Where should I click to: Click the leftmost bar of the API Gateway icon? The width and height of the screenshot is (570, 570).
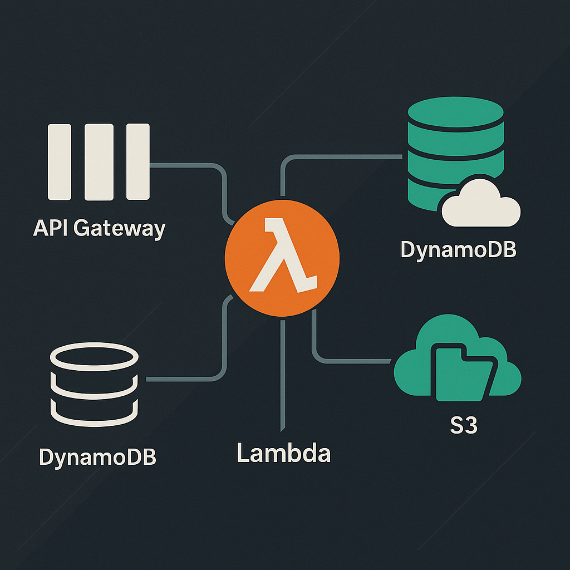tap(60, 161)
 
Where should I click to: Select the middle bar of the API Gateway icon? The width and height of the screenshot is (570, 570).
tap(99, 161)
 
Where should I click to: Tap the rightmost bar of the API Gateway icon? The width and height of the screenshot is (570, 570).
tap(138, 161)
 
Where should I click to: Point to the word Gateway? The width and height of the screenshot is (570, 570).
tap(119, 229)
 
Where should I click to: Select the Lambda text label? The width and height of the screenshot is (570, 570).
tap(284, 453)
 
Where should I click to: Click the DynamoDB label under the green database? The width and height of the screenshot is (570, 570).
tap(458, 250)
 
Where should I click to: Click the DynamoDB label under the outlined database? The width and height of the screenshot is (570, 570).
tap(98, 456)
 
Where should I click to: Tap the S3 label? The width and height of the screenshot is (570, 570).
tap(464, 427)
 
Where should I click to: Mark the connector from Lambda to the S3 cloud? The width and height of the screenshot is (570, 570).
tap(345, 361)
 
